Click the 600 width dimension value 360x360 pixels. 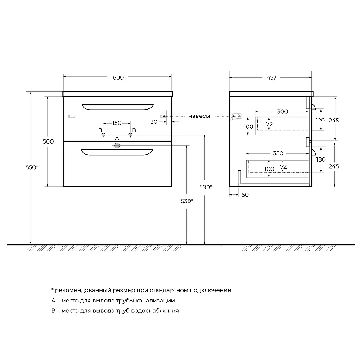[x=118, y=77]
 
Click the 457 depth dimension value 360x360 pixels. [x=271, y=77]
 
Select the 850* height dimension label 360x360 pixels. [x=31, y=167]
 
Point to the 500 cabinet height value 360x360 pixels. [x=48, y=141]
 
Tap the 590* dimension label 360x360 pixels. [x=206, y=187]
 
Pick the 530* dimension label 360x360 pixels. [x=187, y=201]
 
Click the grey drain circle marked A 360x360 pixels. [x=117, y=145]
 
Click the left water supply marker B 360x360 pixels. [x=103, y=135]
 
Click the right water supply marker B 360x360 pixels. [x=130, y=135]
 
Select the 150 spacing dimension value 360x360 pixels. [x=117, y=123]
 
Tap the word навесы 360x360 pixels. [x=199, y=116]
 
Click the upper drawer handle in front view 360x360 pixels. [x=118, y=107]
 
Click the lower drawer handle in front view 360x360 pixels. [x=117, y=152]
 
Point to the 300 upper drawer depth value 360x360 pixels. [x=283, y=112]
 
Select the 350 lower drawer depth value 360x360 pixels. [x=278, y=153]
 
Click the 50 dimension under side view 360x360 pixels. [x=245, y=195]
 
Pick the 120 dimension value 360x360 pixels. [x=320, y=121]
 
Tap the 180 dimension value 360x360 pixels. [x=321, y=160]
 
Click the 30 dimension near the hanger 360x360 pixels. [x=154, y=122]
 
